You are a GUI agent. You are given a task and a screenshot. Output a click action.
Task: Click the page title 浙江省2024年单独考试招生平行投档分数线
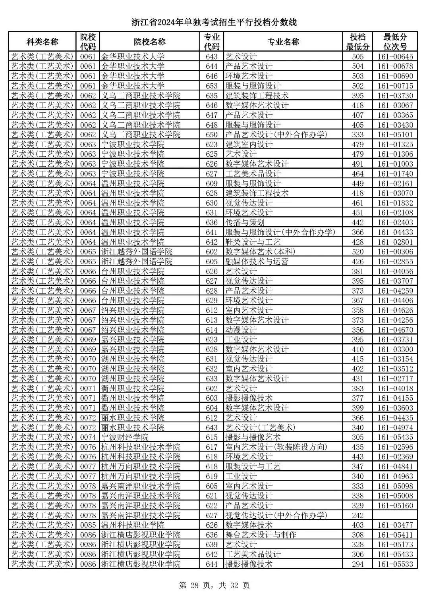[214, 22]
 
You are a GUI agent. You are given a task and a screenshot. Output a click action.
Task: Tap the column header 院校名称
[149, 42]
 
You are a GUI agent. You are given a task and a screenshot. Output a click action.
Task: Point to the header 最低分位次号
[395, 42]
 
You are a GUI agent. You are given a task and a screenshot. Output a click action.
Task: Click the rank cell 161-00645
[395, 57]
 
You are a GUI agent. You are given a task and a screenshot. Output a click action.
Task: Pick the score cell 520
[357, 252]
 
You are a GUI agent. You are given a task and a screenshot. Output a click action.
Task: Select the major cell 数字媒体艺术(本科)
[260, 252]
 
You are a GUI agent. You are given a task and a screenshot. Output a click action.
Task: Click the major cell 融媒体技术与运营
[257, 262]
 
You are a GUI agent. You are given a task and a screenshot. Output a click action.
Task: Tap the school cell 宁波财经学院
[125, 437]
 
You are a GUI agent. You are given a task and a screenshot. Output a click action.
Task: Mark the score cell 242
[357, 516]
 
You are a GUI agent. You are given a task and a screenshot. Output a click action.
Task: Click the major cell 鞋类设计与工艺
[253, 242]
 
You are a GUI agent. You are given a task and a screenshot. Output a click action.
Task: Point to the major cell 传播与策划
[245, 223]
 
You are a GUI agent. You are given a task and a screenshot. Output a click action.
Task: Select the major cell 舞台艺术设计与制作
[261, 535]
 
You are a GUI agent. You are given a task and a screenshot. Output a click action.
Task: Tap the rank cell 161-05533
[395, 564]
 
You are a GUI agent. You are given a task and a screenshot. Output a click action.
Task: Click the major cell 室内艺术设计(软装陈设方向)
[276, 447]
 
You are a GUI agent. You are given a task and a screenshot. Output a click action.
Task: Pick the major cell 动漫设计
[241, 330]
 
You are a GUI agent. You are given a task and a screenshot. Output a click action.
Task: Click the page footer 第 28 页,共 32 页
[214, 585]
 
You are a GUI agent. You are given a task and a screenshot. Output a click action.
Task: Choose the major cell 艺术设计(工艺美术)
[261, 427]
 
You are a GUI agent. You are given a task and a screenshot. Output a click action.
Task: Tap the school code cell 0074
[88, 437]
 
